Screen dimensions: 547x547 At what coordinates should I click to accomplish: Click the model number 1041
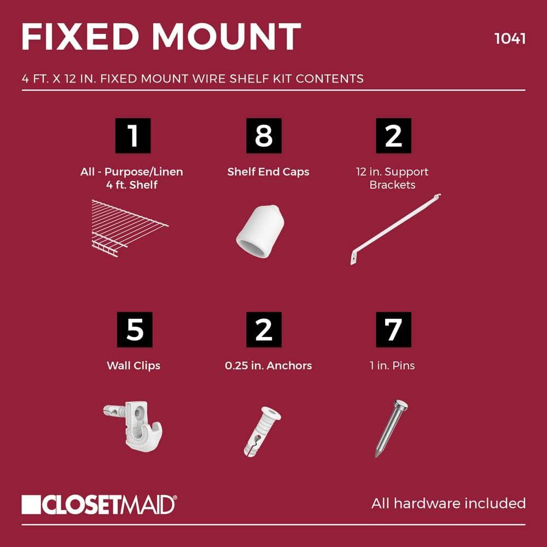(x=510, y=38)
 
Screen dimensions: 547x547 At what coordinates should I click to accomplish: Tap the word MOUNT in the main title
(x=226, y=37)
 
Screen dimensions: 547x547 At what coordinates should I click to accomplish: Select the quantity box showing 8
(x=264, y=136)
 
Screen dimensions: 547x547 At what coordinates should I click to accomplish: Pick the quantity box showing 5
(x=135, y=330)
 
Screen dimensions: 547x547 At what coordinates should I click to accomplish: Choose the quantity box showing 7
(x=393, y=330)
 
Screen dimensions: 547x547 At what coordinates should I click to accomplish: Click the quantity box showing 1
(x=133, y=136)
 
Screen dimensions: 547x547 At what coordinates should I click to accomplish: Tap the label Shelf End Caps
(x=268, y=172)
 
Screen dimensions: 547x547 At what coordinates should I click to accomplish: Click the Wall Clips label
(x=133, y=365)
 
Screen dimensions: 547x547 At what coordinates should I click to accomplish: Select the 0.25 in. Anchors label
(x=268, y=365)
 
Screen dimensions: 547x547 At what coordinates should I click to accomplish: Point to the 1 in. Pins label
(x=392, y=365)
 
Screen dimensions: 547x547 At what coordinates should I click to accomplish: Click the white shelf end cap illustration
(x=260, y=231)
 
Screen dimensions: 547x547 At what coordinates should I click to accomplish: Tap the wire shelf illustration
(x=130, y=228)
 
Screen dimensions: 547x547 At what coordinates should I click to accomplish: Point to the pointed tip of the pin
(x=377, y=456)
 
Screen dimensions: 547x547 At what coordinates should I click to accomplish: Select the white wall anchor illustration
(x=261, y=431)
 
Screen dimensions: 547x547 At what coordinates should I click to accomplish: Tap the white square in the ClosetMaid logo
(x=31, y=504)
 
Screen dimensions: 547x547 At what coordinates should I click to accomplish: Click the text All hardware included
(x=449, y=503)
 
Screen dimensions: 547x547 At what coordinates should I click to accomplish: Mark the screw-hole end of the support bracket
(x=354, y=258)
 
